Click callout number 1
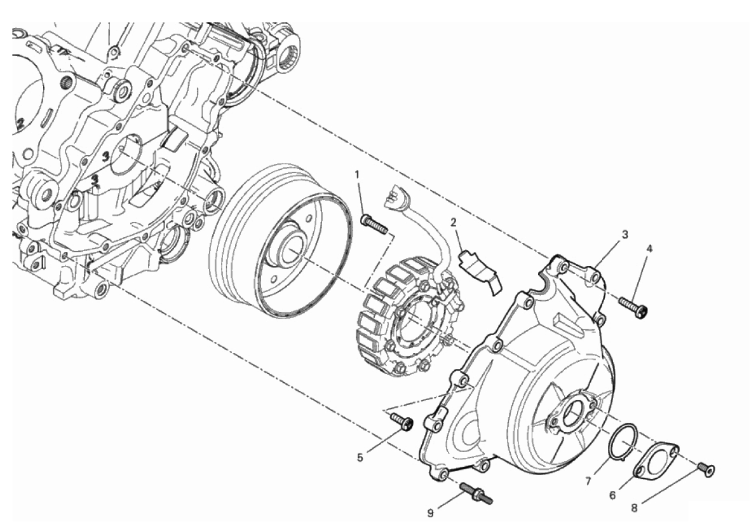pyautogui.click(x=357, y=174)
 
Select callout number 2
pyautogui.click(x=453, y=223)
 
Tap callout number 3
pyautogui.click(x=625, y=235)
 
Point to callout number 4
pyautogui.click(x=649, y=249)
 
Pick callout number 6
pyautogui.click(x=612, y=495)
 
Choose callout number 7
pyautogui.click(x=588, y=481)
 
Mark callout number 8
pyautogui.click(x=635, y=507)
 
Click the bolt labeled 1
pyautogui.click(x=374, y=224)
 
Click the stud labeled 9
pyautogui.click(x=476, y=494)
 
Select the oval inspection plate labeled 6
pyautogui.click(x=656, y=462)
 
